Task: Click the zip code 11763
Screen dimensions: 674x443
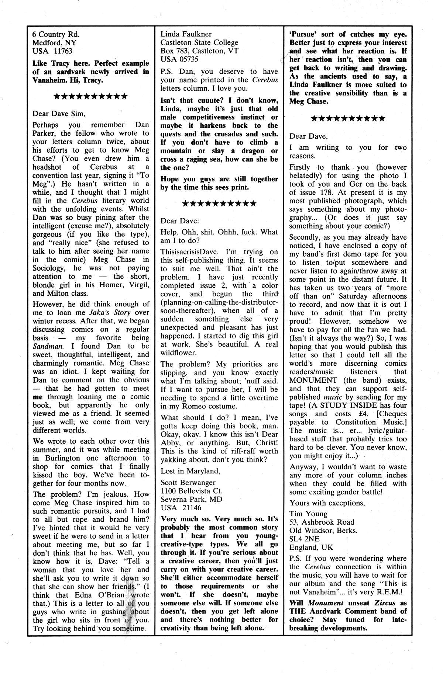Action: point(62,51)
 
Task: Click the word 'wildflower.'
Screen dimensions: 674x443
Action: point(179,352)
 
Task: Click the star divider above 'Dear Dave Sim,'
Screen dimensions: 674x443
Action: point(91,97)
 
